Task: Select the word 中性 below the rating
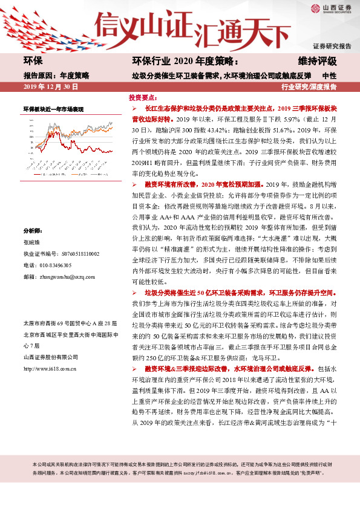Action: pos(329,76)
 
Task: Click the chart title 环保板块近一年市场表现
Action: pos(53,109)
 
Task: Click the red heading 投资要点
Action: pos(143,97)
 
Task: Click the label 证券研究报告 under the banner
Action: pos(332,45)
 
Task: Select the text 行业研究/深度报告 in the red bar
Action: pos(309,87)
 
